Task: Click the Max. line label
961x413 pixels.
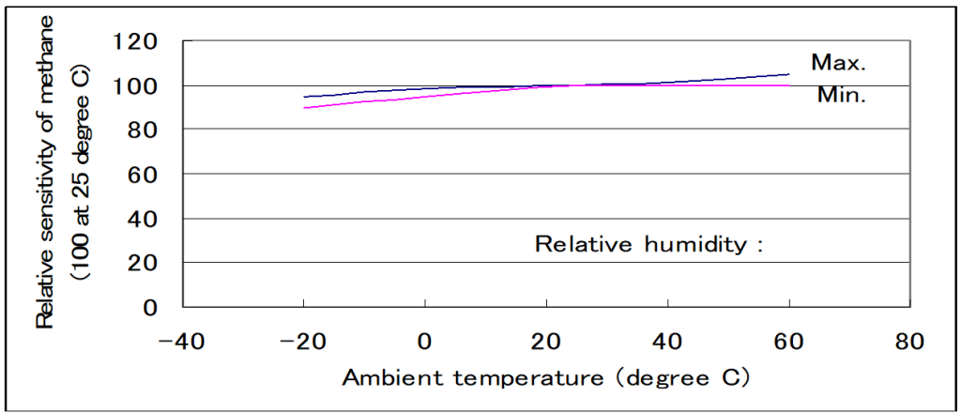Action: pyautogui.click(x=838, y=64)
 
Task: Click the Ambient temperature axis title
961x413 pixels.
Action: pyautogui.click(x=546, y=378)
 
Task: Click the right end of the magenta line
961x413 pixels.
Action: pyautogui.click(x=788, y=85)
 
